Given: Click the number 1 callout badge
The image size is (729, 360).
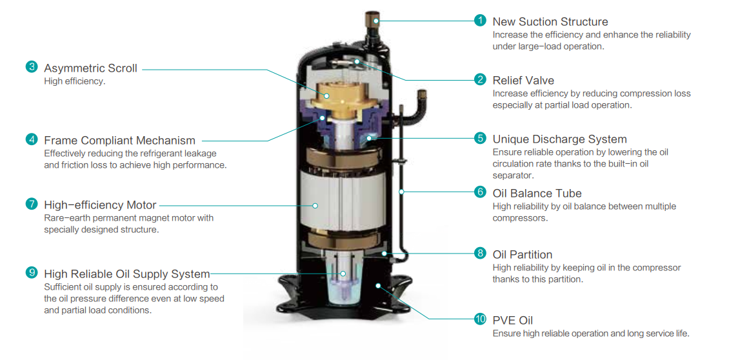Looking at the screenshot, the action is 480,21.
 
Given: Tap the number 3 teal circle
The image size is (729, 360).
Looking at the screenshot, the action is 32,67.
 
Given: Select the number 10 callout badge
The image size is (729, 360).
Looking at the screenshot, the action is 480,319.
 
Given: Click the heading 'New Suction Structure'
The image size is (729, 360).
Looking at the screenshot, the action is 550,21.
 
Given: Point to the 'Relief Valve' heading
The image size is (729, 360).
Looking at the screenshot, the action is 523,81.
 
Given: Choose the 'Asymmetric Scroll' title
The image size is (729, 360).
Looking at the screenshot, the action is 91,68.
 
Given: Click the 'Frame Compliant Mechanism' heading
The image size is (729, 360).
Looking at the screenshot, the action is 119,140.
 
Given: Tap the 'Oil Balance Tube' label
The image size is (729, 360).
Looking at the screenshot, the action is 537,193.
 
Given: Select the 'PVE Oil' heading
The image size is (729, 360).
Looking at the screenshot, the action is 512,321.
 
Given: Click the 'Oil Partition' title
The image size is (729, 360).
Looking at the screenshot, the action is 522,254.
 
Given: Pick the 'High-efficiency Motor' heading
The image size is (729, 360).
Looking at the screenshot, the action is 100,205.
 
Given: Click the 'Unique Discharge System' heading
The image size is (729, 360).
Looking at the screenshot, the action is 559,139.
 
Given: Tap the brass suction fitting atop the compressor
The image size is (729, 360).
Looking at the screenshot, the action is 372,21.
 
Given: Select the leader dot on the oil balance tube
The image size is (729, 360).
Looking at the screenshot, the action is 401,192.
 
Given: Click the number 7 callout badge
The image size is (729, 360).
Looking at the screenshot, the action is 32,203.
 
